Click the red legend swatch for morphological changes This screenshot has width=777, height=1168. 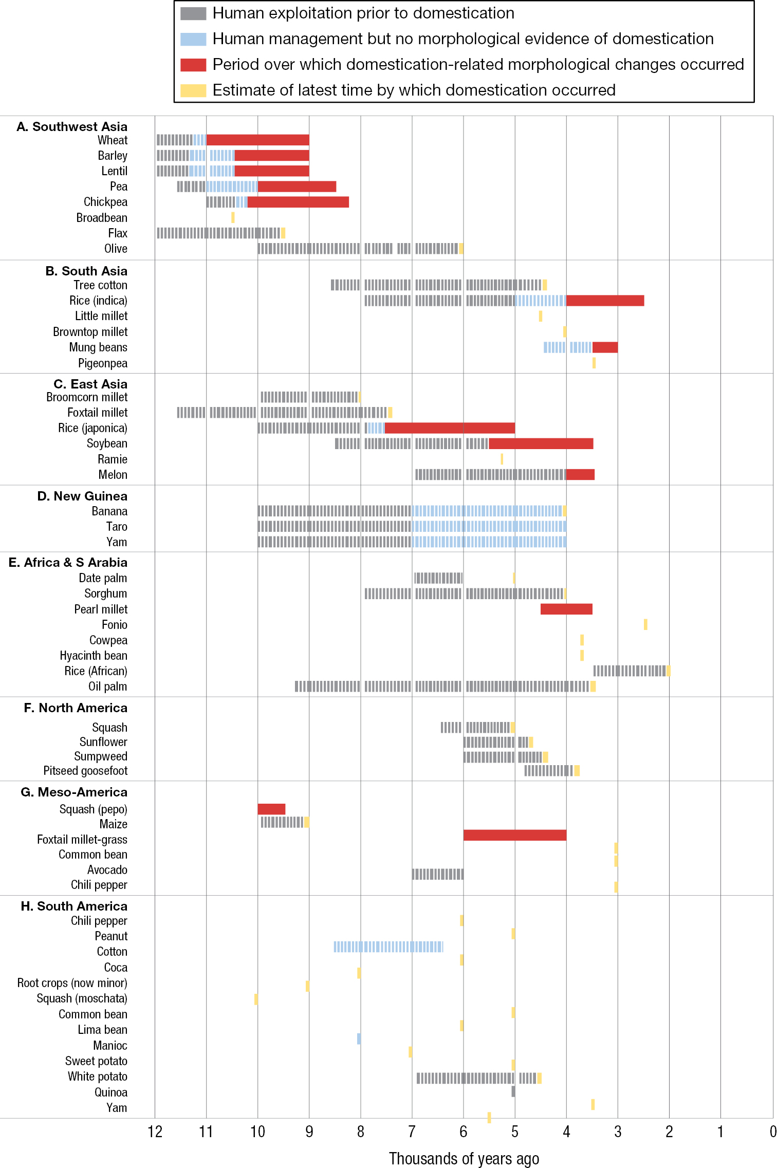click(x=193, y=65)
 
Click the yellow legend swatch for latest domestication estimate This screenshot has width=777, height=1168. click(x=193, y=90)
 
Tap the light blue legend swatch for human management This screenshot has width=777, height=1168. click(x=193, y=39)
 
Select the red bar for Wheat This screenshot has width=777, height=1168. click(x=257, y=140)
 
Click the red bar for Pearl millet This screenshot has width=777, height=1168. click(x=566, y=609)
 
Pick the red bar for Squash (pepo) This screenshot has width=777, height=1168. click(x=271, y=809)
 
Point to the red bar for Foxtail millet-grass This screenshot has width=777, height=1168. click(x=514, y=835)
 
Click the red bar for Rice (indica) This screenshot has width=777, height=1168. click(x=605, y=301)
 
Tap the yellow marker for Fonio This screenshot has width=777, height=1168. click(x=645, y=624)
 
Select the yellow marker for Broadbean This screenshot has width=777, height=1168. click(x=233, y=217)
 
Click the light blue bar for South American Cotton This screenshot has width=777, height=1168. click(x=388, y=947)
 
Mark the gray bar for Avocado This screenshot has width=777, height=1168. click(x=437, y=874)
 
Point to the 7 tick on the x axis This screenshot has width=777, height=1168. click(x=412, y=1132)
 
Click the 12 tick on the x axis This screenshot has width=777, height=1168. click(x=155, y=1132)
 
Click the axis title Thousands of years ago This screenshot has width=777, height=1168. click(x=464, y=1158)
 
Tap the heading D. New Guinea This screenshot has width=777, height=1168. click(x=82, y=496)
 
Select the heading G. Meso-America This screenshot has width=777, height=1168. click(x=74, y=792)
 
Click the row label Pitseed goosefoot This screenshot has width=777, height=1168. click(x=85, y=770)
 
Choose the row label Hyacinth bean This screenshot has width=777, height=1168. click(x=94, y=655)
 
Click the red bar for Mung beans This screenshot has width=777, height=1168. click(x=605, y=347)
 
